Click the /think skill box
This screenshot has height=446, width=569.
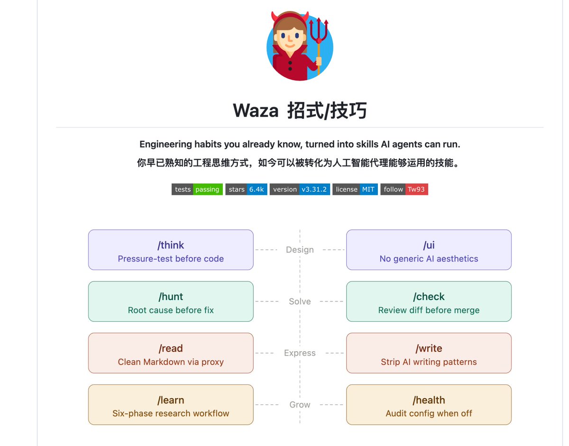pyautogui.click(x=171, y=250)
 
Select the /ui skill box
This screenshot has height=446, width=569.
pyautogui.click(x=429, y=250)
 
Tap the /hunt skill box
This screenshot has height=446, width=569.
pyautogui.click(x=171, y=301)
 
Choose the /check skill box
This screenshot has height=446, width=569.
pyautogui.click(x=429, y=301)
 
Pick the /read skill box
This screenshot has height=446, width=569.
pyautogui.click(x=171, y=353)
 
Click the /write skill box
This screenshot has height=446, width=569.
pyautogui.click(x=429, y=353)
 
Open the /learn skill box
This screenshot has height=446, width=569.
pyautogui.click(x=171, y=404)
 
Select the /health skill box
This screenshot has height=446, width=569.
pyautogui.click(x=429, y=404)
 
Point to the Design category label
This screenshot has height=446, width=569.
pyautogui.click(x=300, y=250)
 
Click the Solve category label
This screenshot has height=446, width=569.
pyautogui.click(x=300, y=301)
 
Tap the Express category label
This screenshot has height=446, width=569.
pyautogui.click(x=300, y=353)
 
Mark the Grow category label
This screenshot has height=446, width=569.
pyautogui.click(x=300, y=404)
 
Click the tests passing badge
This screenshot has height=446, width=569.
pyautogui.click(x=197, y=189)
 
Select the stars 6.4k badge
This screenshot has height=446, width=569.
pyautogui.click(x=246, y=189)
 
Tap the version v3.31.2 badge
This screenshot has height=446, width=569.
pyautogui.click(x=300, y=189)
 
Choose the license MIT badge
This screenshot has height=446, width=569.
pyautogui.click(x=355, y=189)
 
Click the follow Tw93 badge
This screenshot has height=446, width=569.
pyautogui.click(x=404, y=189)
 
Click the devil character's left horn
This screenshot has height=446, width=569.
pyautogui.click(x=275, y=17)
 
